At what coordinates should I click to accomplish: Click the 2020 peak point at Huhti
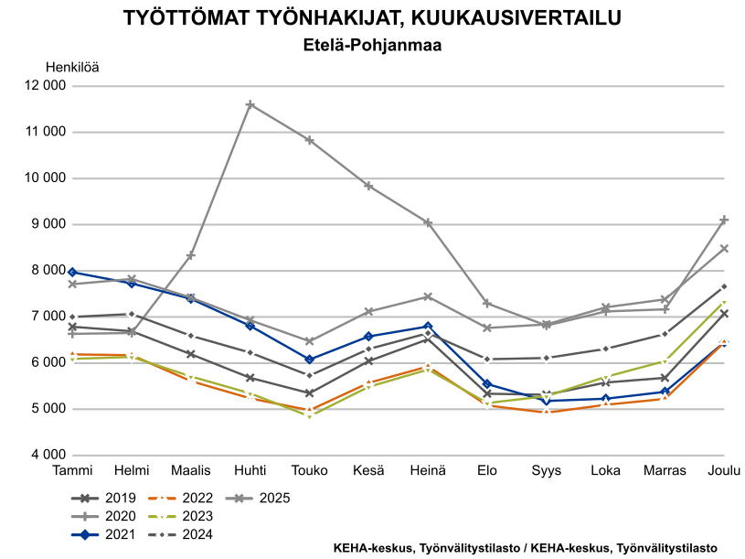(x=250, y=105)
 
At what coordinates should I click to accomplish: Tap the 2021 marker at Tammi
(x=71, y=272)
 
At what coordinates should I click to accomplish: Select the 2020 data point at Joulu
(x=724, y=220)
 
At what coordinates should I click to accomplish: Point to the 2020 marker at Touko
(x=310, y=140)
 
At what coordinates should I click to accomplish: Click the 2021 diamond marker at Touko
(x=310, y=360)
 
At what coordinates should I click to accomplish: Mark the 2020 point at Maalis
(x=190, y=255)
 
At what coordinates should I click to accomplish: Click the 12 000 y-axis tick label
(x=45, y=86)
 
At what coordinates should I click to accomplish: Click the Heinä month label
(x=427, y=470)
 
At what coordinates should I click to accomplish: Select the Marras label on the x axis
(x=665, y=470)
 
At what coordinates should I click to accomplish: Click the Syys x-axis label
(x=547, y=470)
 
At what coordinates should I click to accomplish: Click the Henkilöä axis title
(x=72, y=66)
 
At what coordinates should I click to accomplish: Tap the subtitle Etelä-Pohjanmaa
(x=372, y=44)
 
